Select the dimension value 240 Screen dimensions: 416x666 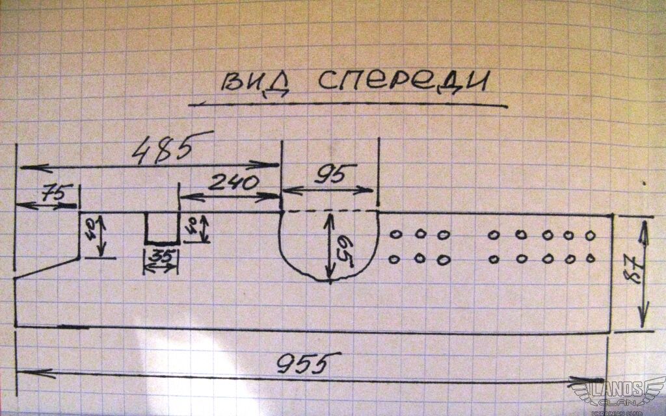233,182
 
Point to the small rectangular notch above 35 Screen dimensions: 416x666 161,227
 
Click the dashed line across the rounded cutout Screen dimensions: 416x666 329,211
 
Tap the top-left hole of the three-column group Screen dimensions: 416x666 394,235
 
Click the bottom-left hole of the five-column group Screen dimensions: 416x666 494,259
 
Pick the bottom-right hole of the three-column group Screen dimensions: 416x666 444,259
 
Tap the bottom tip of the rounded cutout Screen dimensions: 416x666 329,281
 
